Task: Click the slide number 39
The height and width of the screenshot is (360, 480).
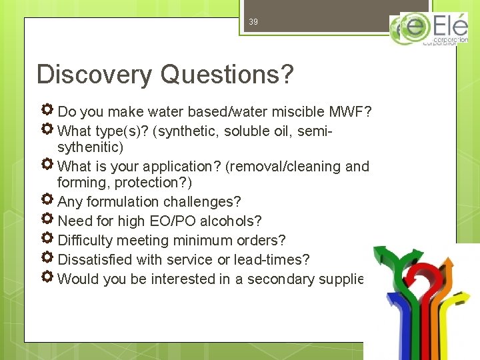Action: pos(253,22)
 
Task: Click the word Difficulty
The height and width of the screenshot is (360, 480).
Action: pos(85,240)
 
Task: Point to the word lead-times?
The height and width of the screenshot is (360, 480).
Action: pos(276,259)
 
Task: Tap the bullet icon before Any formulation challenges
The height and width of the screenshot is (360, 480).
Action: pos(47,201)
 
